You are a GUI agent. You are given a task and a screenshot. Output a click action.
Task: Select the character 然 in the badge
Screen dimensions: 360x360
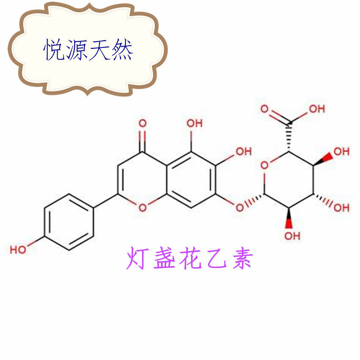click(122, 50)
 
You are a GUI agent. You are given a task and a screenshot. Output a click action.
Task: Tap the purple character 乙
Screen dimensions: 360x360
click(216, 259)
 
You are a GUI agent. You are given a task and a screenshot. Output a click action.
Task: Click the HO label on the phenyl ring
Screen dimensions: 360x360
click(18, 249)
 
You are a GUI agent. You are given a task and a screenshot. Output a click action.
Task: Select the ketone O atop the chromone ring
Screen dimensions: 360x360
click(143, 124)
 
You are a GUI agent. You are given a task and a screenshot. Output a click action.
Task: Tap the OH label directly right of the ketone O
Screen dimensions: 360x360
click(194, 124)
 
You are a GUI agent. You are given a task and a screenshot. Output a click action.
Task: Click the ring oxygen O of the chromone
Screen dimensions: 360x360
click(143, 207)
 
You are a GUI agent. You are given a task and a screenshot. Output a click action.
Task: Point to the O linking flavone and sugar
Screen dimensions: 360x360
click(240, 207)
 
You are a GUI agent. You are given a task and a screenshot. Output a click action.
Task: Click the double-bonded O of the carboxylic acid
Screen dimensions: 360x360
click(265, 109)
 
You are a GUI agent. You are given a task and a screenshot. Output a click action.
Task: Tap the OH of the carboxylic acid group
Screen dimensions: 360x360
click(316, 109)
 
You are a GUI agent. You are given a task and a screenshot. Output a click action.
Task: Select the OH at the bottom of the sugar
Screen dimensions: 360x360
click(292, 235)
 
